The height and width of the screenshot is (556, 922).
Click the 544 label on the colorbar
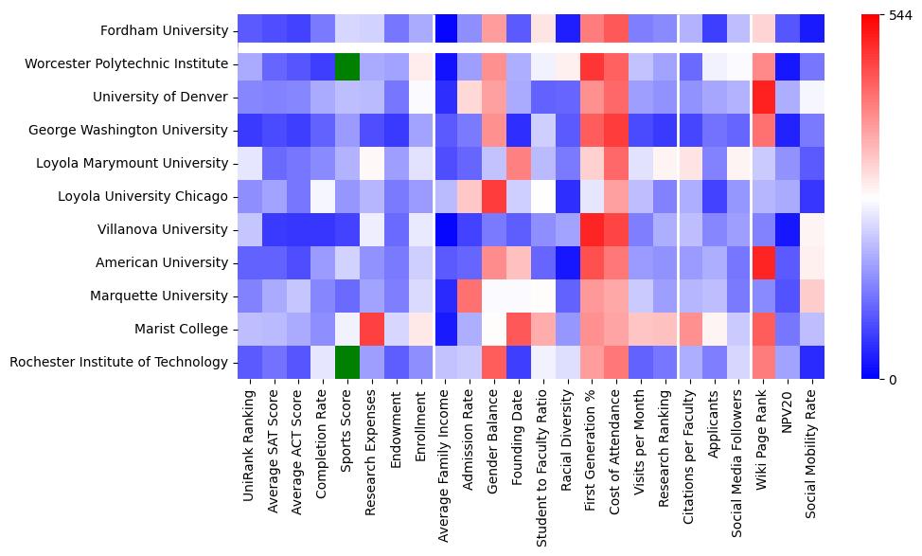(901, 15)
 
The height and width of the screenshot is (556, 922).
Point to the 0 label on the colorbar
(894, 380)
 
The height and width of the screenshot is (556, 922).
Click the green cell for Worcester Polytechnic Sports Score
(346, 63)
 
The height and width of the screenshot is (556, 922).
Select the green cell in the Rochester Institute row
(346, 362)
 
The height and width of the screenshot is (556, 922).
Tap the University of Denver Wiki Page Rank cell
(765, 97)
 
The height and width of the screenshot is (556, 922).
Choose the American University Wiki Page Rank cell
(765, 262)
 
